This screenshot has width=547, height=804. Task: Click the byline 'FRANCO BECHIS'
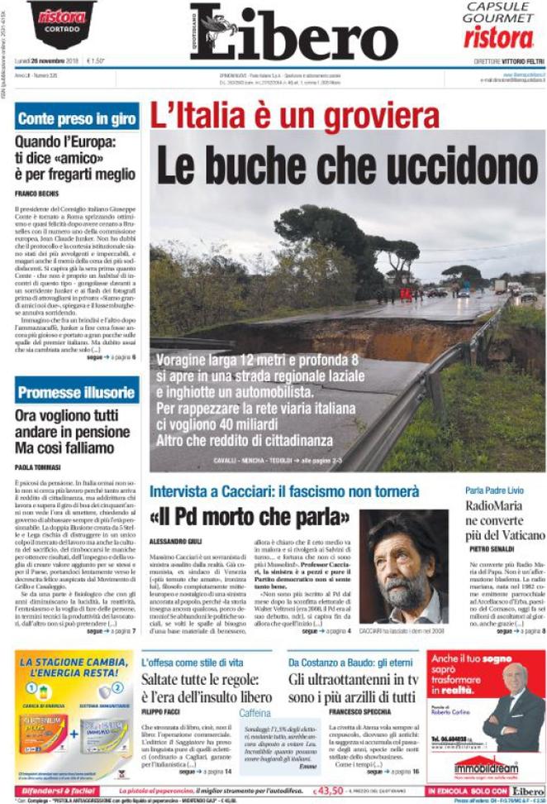(36, 194)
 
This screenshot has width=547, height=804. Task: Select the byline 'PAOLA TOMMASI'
(38, 467)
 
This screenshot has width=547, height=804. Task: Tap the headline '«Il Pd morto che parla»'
(250, 518)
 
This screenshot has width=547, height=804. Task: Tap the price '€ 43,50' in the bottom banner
(332, 791)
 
